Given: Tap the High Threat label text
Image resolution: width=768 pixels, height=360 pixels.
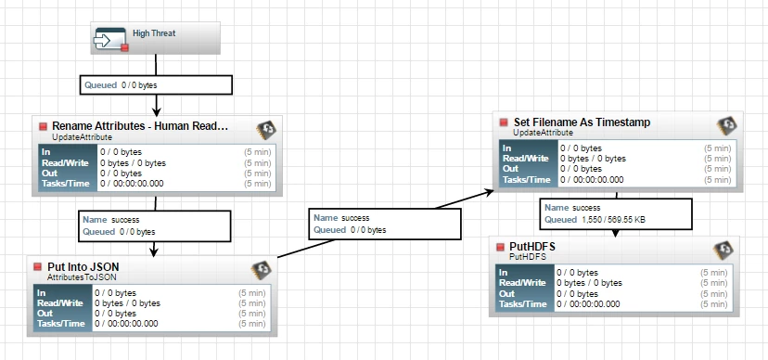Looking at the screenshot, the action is point(154,33).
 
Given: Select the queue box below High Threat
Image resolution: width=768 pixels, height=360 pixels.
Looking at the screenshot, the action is point(156,84).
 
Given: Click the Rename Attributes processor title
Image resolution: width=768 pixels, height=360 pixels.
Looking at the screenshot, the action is point(140,126).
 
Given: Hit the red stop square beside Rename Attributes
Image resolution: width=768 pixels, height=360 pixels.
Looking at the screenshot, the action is point(43,126).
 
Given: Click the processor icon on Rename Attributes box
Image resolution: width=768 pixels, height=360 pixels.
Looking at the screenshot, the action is point(266,130).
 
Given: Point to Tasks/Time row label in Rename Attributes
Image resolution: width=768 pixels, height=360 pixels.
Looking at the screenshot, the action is point(66,184).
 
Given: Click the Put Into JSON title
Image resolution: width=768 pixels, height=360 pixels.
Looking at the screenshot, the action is point(83,267).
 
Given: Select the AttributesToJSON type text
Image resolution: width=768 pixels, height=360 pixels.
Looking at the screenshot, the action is point(82,277).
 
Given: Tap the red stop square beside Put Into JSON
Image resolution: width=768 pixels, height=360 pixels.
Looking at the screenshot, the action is point(38,267).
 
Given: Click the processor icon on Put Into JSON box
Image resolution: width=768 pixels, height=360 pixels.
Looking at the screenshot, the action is point(261,270).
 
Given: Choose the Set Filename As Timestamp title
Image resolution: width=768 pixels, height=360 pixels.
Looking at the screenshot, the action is point(582,122).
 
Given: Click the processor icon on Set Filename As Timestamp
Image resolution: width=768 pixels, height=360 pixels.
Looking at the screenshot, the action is point(727,126).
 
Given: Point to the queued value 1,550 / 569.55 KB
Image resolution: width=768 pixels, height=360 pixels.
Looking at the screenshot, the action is point(614,220).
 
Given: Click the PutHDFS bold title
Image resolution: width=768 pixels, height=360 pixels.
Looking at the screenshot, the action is point(532,247).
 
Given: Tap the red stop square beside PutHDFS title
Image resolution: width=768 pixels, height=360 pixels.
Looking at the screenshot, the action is point(500,247).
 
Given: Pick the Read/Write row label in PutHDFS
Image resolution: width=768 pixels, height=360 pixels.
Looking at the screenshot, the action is point(522,283).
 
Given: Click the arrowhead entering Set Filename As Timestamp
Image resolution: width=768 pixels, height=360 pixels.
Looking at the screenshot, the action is point(489,192).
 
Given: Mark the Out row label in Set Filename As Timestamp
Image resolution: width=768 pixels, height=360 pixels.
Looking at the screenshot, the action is point(510,169).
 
